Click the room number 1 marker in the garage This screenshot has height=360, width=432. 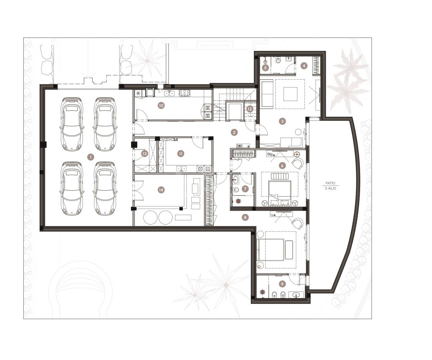click(91, 157)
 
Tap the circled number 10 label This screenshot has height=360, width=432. click(161, 106)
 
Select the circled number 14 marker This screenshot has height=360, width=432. click(161, 190)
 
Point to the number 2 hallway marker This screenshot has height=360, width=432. click(234, 132)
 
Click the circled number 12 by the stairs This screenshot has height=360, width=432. click(250, 109)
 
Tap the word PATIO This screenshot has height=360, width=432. click(330, 183)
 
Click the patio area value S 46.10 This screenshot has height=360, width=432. click(330, 188)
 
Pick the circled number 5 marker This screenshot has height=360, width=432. click(266, 68)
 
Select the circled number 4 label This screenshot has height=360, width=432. click(304, 66)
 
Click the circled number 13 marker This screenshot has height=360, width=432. click(144, 154)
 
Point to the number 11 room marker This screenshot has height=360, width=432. click(181, 153)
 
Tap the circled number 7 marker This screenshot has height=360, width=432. click(246, 189)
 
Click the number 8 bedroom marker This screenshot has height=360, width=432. click(245, 217)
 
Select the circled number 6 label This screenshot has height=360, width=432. click(282, 165)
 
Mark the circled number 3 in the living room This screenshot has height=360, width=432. click(282, 121)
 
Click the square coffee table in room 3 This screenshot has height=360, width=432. click(290, 94)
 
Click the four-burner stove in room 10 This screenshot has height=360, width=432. click(184, 93)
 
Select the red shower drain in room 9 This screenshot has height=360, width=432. click(263, 292)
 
